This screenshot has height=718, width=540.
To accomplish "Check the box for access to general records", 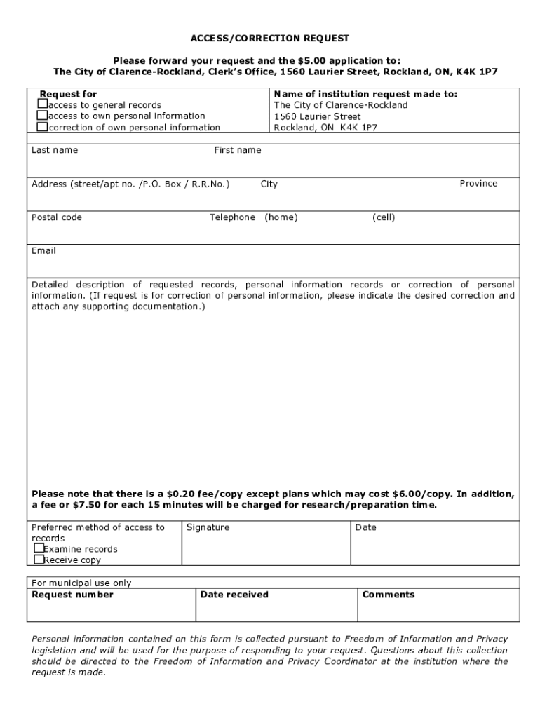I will pyautogui.click(x=43, y=104).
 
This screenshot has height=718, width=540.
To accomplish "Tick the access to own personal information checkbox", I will pyautogui.click(x=43, y=116).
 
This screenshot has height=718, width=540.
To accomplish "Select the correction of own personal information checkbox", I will pyautogui.click(x=43, y=127).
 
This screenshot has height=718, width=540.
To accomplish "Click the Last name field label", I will pyautogui.click(x=55, y=150).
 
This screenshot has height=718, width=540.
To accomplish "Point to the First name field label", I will pyautogui.click(x=237, y=150).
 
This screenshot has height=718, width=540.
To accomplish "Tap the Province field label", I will pyautogui.click(x=478, y=184).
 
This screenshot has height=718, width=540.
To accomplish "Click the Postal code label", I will pyautogui.click(x=57, y=217).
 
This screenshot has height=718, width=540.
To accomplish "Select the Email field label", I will pyautogui.click(x=43, y=251).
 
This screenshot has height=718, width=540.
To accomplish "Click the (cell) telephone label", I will pyautogui.click(x=384, y=217).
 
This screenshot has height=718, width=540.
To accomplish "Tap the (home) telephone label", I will pyautogui.click(x=281, y=217).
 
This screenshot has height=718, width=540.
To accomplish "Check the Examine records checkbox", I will pyautogui.click(x=39, y=548).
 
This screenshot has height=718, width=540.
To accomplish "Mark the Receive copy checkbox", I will pyautogui.click(x=39, y=560).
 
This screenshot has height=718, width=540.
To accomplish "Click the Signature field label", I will pyautogui.click(x=208, y=527).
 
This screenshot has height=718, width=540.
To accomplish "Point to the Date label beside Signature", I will pyautogui.click(x=365, y=527).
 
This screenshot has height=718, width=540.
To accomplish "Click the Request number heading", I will pyautogui.click(x=72, y=595).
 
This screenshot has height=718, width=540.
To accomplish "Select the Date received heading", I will pyautogui.click(x=234, y=595).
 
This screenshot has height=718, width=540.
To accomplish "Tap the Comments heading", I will pyautogui.click(x=389, y=595).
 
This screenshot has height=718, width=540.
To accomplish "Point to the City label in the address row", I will pyautogui.click(x=269, y=184).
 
